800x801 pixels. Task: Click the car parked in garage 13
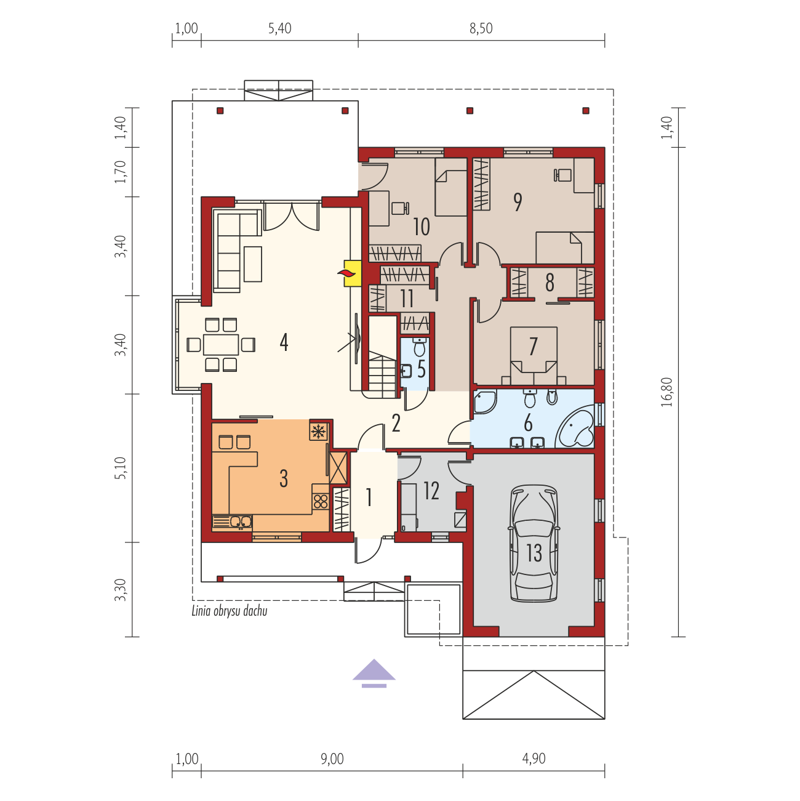tap(534, 544)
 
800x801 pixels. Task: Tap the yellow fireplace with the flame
tap(353, 273)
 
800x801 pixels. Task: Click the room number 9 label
tap(518, 203)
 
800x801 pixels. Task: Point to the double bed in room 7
tap(534, 355)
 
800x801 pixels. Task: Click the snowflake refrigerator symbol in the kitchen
tap(319, 432)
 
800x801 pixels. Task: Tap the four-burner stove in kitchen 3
tap(321, 502)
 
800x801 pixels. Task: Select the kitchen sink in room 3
tap(232, 522)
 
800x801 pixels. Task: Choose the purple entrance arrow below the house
tap(374, 674)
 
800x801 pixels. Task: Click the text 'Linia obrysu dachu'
tap(230, 611)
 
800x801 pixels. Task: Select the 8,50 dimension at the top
tap(481, 28)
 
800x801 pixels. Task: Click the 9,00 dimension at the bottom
tap(332, 759)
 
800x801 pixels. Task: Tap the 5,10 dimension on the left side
tap(120, 468)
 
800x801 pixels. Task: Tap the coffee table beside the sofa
tap(253, 264)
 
